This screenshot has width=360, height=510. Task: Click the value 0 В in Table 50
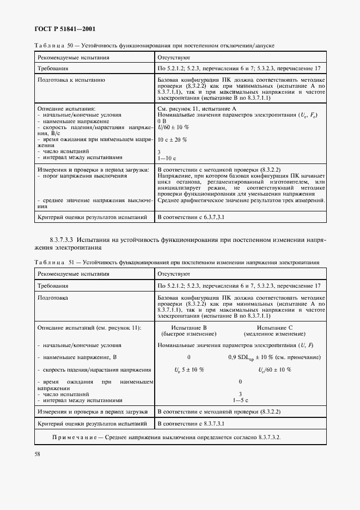(162, 121)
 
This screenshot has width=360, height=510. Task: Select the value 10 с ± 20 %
(172, 139)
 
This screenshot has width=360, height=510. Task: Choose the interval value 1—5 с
(240, 399)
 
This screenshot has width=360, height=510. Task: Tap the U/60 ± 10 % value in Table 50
(173, 127)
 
